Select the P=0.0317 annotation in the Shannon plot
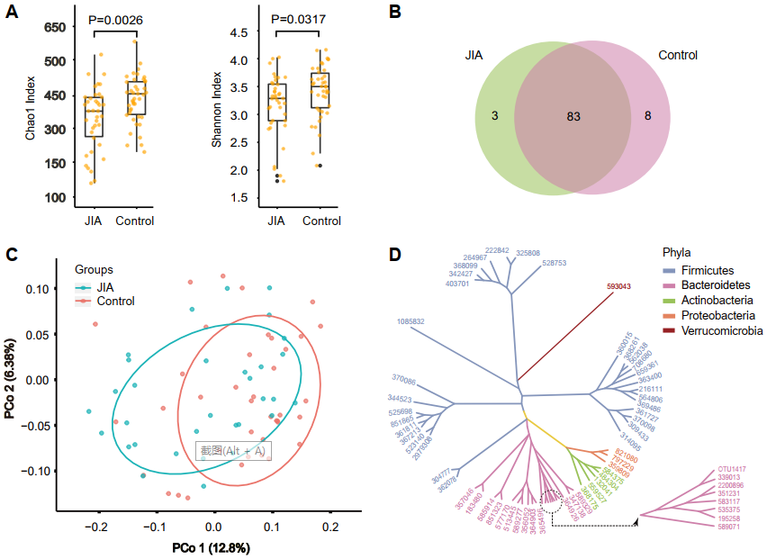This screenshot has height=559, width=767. tap(301, 20)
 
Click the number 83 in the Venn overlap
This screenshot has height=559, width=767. tap(574, 116)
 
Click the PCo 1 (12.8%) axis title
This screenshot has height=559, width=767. tap(212, 547)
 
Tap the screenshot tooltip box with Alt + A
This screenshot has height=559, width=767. tap(233, 450)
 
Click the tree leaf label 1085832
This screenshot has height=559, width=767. tap(410, 321)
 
